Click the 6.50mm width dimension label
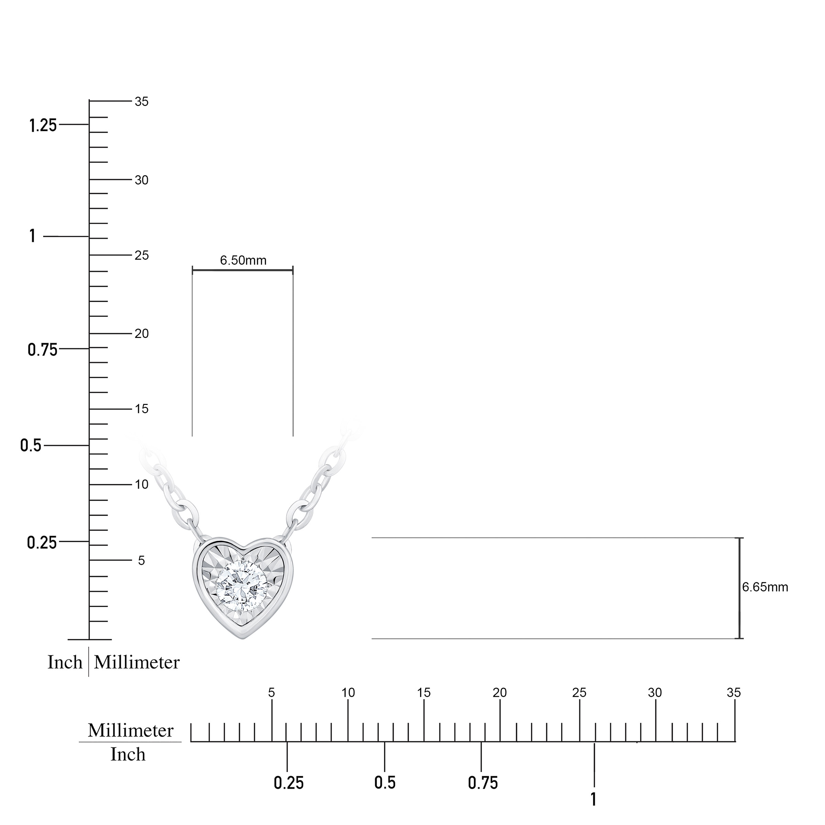pos(243,260)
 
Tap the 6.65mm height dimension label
pos(765,587)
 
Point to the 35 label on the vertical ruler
pos(141,102)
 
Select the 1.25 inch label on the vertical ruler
pos(43,125)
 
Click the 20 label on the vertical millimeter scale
pos(141,333)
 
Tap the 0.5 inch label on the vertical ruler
pos(31,445)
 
